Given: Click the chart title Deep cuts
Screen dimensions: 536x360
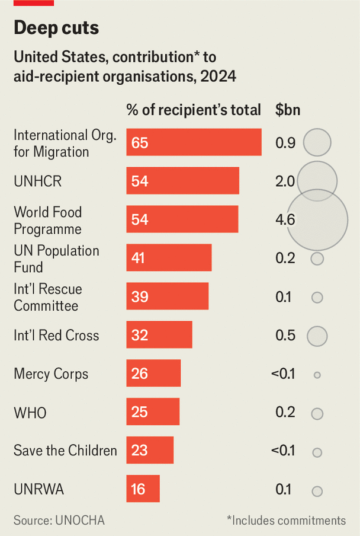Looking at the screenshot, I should point(56,28).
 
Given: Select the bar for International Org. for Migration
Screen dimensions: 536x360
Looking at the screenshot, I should point(194,142).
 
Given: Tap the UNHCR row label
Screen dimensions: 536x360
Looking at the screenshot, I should point(37,181).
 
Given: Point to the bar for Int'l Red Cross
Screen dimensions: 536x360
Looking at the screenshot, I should point(159,335).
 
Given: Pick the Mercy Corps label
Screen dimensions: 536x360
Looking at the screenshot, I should point(51,374).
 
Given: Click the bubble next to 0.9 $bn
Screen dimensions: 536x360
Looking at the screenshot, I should point(317,142).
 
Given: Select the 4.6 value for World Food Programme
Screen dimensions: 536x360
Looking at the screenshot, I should point(285,220).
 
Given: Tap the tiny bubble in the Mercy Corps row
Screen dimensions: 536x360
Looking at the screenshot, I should point(317,375).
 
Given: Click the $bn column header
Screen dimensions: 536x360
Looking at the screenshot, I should point(288,110).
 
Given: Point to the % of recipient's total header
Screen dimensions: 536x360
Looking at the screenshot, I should point(194,110).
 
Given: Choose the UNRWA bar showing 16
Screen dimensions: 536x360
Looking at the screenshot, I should point(143,490).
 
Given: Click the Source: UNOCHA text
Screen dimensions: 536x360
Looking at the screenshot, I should point(59,520).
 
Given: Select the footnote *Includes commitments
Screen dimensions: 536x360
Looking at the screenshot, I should point(286,520).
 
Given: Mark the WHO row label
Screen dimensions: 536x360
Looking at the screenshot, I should point(30,413).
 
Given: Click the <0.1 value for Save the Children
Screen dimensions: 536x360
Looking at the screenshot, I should point(283,451).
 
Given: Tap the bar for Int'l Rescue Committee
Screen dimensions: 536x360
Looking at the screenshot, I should point(167,296).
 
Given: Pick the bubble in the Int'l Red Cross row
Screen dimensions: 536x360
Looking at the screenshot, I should point(317,336).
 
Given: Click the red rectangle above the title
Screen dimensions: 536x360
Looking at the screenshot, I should point(34,3).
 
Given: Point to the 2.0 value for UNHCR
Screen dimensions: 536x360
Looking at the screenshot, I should point(285,181).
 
